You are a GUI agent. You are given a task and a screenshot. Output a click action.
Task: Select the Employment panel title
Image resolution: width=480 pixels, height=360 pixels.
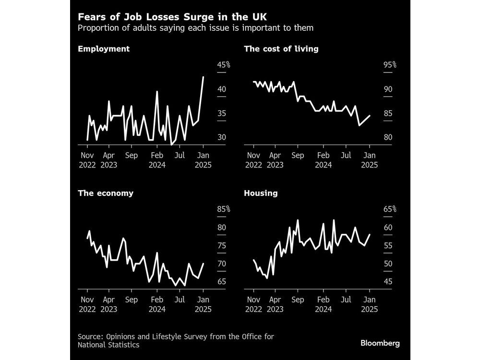[103, 49]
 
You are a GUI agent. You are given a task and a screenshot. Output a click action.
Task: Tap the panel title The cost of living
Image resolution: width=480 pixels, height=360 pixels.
[281, 49]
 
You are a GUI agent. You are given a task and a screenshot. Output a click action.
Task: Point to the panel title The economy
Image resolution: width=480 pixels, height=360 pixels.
[105, 193]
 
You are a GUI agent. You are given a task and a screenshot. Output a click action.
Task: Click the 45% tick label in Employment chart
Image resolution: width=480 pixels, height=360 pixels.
[224, 65]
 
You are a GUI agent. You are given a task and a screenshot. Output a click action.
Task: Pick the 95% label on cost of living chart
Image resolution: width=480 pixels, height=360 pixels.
[390, 65]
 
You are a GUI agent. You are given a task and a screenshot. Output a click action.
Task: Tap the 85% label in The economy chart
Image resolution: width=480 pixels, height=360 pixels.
[224, 209]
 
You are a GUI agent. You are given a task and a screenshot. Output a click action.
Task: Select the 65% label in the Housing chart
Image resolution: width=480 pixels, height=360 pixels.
[390, 209]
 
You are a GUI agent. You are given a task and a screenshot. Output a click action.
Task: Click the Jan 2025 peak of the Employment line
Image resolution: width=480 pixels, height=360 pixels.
[204, 77]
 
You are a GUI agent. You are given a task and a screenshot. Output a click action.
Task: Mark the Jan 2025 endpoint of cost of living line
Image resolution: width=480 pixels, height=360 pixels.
[369, 116]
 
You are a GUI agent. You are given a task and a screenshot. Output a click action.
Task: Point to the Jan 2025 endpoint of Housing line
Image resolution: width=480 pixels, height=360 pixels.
[370, 234]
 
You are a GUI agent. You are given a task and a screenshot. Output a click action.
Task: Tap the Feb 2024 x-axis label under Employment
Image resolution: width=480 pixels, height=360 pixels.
[157, 160]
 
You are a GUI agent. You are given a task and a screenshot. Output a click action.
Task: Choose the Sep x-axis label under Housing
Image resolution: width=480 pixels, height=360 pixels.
[298, 300]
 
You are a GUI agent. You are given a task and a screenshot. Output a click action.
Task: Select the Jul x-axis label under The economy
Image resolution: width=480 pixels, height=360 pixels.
[179, 300]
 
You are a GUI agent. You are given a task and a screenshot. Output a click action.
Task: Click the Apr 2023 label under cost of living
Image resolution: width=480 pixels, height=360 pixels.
[275, 160]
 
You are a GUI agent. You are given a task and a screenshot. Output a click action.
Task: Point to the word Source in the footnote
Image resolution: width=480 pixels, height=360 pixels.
[91, 336]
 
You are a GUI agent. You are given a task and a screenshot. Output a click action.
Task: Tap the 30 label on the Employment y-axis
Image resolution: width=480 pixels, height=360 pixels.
[222, 137]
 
